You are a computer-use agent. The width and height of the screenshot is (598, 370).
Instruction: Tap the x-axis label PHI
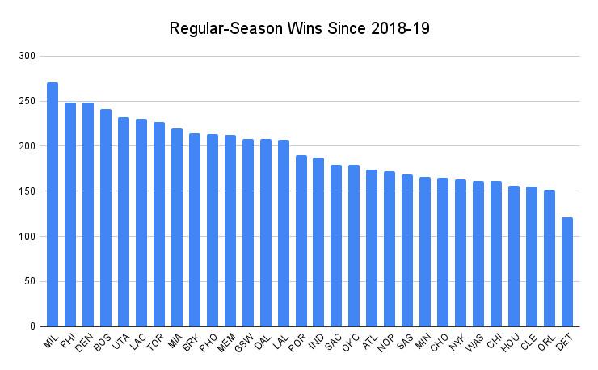pos(68,342)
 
